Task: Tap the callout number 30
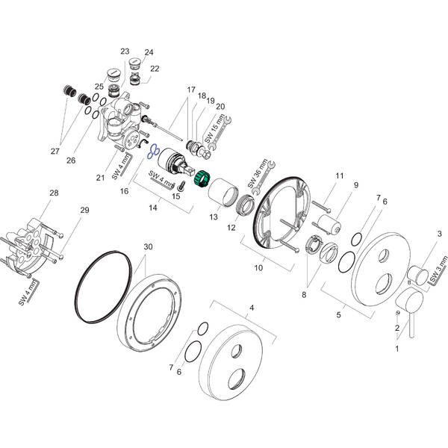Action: [x=148, y=247]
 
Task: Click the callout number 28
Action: [x=53, y=194]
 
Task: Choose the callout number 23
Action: [x=125, y=52]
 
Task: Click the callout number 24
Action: [x=149, y=52]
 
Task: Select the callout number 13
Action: [x=214, y=217]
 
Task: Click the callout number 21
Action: [x=99, y=177]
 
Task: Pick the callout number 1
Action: [x=397, y=349]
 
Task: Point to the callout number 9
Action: [x=356, y=185]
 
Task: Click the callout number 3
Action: [x=440, y=234]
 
